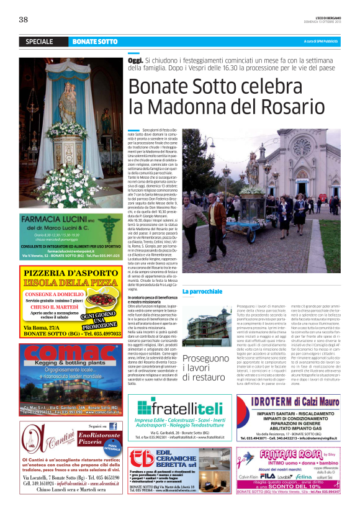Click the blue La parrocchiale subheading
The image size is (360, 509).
click(x=202, y=291)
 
